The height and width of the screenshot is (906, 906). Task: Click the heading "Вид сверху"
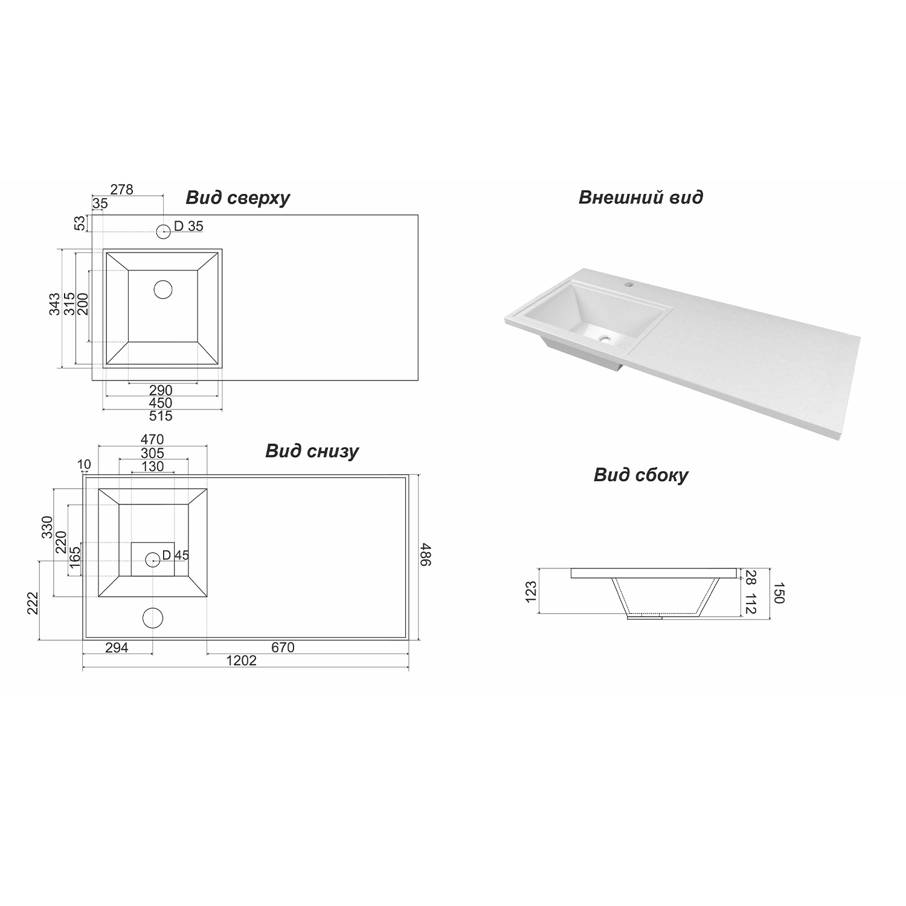pyautogui.click(x=237, y=198)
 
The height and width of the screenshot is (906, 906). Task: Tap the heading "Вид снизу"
pyautogui.click(x=312, y=452)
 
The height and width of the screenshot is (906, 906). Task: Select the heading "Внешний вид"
pyautogui.click(x=641, y=198)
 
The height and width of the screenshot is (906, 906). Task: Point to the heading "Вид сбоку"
pyautogui.click(x=641, y=475)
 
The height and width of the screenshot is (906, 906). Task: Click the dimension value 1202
pyautogui.click(x=242, y=661)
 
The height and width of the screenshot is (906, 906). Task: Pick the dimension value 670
pyautogui.click(x=283, y=647)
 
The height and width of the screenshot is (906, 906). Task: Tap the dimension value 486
pyautogui.click(x=426, y=554)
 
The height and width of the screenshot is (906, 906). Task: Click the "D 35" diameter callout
pyautogui.click(x=188, y=226)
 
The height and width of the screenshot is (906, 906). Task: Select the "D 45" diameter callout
pyautogui.click(x=176, y=555)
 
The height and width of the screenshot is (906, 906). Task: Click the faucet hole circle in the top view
pyautogui.click(x=163, y=231)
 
